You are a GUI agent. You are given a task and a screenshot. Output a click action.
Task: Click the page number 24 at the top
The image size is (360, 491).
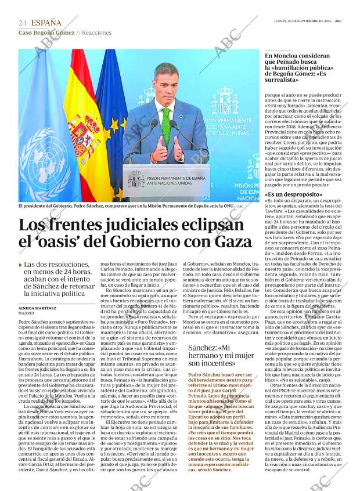pyautogui.click(x=23, y=23)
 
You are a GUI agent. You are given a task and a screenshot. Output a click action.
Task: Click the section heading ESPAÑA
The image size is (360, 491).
pyautogui.click(x=46, y=23)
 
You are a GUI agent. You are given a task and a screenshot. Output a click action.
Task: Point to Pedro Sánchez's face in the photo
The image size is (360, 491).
pyautogui.click(x=165, y=83)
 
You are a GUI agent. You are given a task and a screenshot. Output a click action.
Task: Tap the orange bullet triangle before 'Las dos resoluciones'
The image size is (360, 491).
pyautogui.click(x=20, y=265)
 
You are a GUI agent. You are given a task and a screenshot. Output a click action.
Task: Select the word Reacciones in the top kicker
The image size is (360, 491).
pyautogui.click(x=97, y=33)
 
